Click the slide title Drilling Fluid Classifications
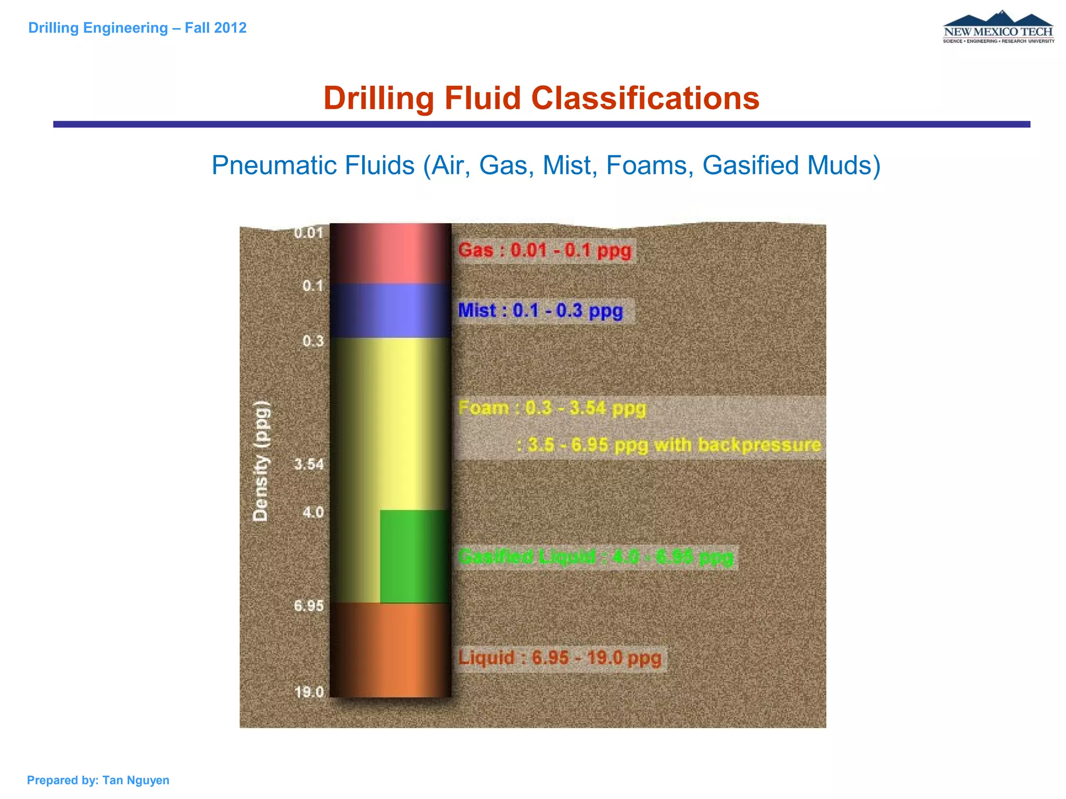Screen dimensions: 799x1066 click(541, 98)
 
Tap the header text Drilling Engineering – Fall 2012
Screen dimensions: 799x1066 click(137, 28)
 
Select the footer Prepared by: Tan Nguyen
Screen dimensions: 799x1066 click(98, 780)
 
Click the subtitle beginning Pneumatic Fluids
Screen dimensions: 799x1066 click(545, 165)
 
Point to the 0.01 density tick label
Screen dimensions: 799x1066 click(309, 233)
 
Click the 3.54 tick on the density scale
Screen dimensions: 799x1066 click(309, 464)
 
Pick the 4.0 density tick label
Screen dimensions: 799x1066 click(313, 512)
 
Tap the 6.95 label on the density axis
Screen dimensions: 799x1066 click(309, 606)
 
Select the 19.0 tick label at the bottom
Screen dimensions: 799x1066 click(309, 692)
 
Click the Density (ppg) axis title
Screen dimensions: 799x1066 click(260, 461)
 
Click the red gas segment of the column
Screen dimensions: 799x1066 click(390, 253)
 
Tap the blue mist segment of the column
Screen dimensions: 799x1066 click(390, 311)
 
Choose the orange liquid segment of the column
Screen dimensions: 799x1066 click(390, 650)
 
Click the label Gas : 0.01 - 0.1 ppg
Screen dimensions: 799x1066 click(544, 251)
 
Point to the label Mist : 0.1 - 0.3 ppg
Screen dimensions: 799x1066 click(540, 311)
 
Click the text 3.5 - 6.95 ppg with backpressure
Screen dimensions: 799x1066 click(669, 445)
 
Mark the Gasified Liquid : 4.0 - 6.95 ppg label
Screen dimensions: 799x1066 click(595, 557)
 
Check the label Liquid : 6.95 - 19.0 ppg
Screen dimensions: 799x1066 click(560, 658)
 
